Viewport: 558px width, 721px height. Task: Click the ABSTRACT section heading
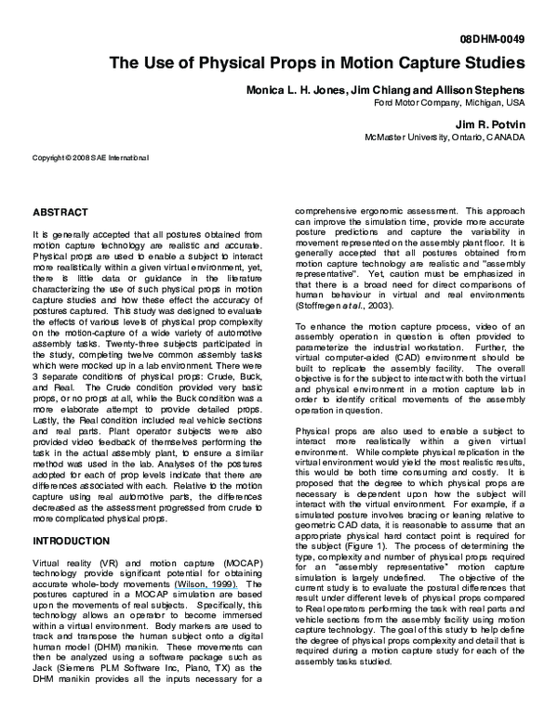(x=60, y=212)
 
